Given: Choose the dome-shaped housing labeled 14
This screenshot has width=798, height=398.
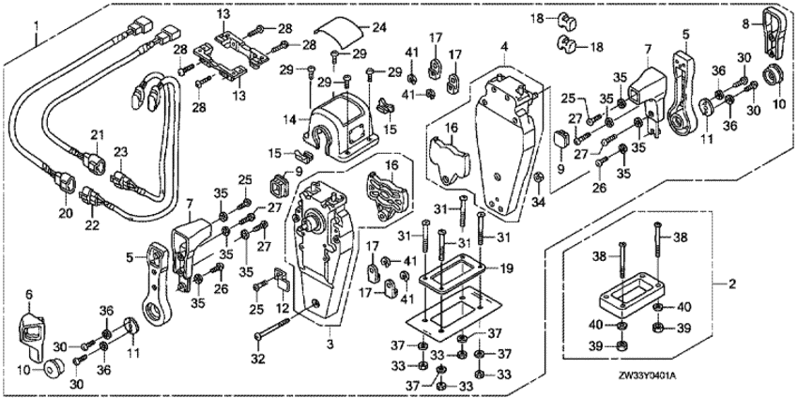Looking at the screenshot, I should coord(343,120).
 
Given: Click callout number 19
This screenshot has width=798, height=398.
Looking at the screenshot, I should coord(507,268).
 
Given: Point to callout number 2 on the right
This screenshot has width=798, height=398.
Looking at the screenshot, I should coord(720,282).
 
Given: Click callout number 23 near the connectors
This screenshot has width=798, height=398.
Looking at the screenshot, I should coord(119,150).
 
